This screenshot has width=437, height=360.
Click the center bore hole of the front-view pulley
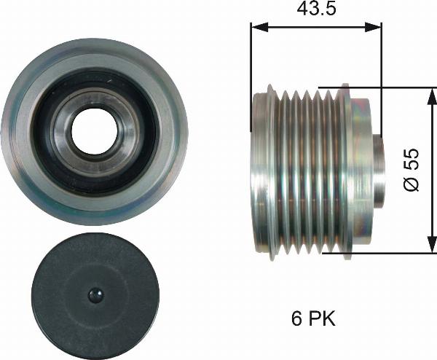click(x=94, y=131)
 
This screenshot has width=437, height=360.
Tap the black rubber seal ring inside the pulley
click(x=53, y=131)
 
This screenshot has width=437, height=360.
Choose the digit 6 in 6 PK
click(x=295, y=319)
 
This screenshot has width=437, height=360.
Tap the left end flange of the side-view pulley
click(x=258, y=171)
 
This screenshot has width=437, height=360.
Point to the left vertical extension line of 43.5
click(x=251, y=73)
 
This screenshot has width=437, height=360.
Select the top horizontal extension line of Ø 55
click(x=393, y=88)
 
